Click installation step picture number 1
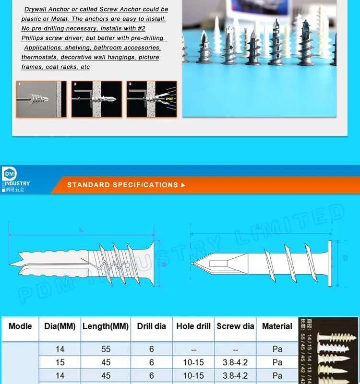(x=41, y=99)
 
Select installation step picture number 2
(x=96, y=99)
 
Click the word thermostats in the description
(x=39, y=58)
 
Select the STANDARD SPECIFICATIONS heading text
(x=123, y=185)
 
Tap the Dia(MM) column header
(x=60, y=326)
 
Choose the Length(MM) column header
(x=106, y=326)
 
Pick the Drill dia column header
(x=151, y=326)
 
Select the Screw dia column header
(x=235, y=326)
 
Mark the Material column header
(x=277, y=326)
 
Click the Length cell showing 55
(x=106, y=349)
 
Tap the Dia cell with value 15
(x=60, y=362)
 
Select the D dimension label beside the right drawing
(x=345, y=258)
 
